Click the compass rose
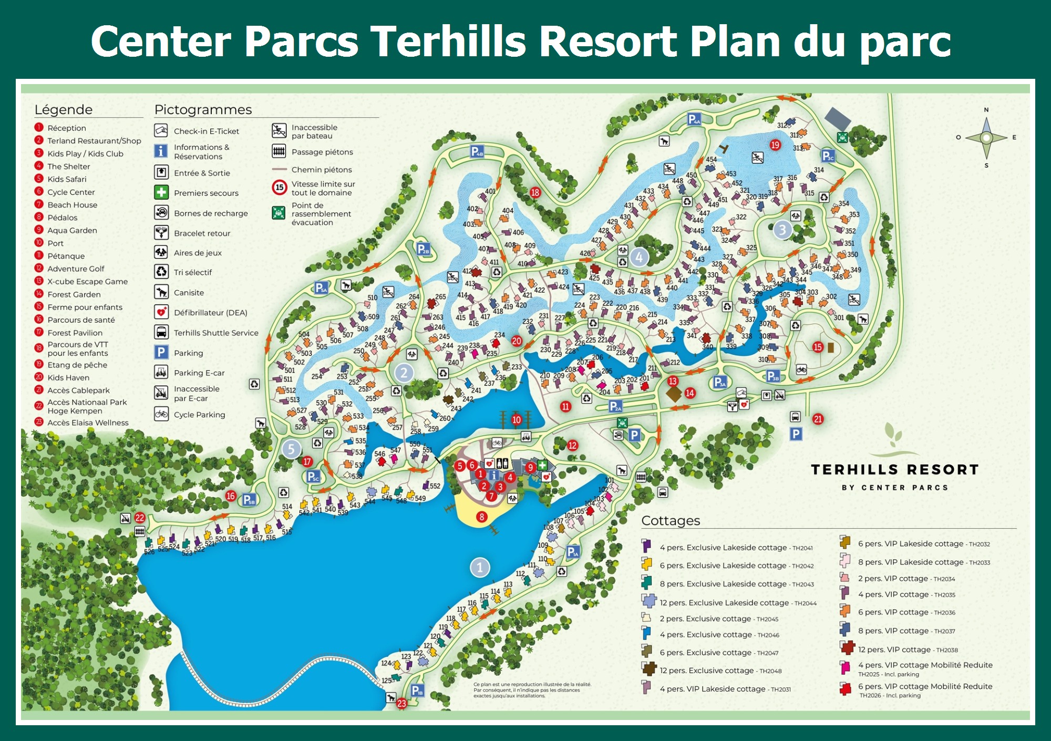click(x=986, y=138)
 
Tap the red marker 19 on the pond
click(x=775, y=145)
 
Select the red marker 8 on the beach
click(x=481, y=517)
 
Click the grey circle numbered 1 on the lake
click(x=479, y=568)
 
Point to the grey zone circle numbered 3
click(x=782, y=230)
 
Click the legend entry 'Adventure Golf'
click(x=76, y=269)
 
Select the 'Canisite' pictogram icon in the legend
click(x=161, y=292)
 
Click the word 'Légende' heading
click(x=63, y=109)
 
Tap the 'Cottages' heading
click(x=671, y=520)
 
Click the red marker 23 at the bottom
click(x=402, y=703)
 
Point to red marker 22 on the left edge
click(x=139, y=518)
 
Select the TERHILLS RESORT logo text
click(x=894, y=469)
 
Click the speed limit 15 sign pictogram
click(x=280, y=187)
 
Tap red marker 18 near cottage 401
click(x=535, y=192)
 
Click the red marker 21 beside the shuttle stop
click(x=818, y=419)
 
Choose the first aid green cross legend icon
click(x=161, y=192)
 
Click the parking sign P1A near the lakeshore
click(x=573, y=552)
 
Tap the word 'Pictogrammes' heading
click(x=203, y=109)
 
